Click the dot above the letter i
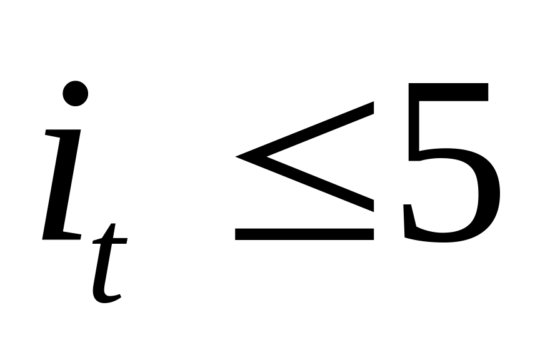76,94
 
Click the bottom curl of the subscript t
106,299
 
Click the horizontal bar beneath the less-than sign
304,234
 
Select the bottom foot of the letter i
62,235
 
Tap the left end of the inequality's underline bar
237,234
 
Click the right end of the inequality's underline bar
372,234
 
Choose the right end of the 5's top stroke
486,92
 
